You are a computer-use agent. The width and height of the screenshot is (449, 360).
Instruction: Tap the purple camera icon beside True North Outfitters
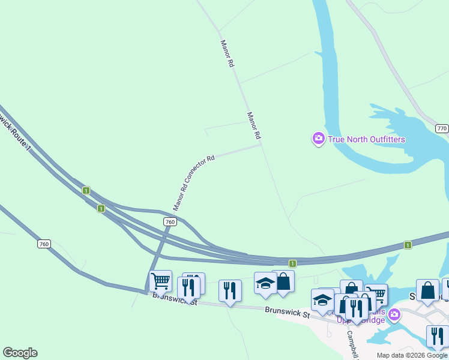tap(319, 139)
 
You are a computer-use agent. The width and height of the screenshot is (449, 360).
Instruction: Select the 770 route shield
tap(442, 129)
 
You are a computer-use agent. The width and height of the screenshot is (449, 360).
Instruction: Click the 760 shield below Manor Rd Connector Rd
tap(170, 222)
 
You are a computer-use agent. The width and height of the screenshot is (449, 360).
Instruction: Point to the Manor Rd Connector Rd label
tap(194, 183)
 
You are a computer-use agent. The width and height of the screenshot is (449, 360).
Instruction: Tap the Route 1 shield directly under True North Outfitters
tap(292, 263)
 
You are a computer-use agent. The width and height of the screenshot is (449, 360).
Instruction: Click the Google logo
tap(20, 353)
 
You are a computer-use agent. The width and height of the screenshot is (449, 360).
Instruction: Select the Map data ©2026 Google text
tap(412, 355)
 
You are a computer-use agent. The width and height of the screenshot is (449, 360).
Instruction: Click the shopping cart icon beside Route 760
tap(160, 280)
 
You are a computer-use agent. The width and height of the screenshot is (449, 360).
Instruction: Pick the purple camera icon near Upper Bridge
tap(394, 314)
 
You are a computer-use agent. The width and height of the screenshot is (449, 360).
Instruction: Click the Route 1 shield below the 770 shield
tap(408, 245)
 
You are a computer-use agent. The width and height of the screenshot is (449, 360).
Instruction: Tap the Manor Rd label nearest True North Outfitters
tap(253, 125)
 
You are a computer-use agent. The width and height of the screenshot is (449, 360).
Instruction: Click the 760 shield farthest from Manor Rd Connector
tap(44, 244)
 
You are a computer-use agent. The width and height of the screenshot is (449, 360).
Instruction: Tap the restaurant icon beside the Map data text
tap(437, 336)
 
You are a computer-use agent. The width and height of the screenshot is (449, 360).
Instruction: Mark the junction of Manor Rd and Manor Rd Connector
tap(261, 144)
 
